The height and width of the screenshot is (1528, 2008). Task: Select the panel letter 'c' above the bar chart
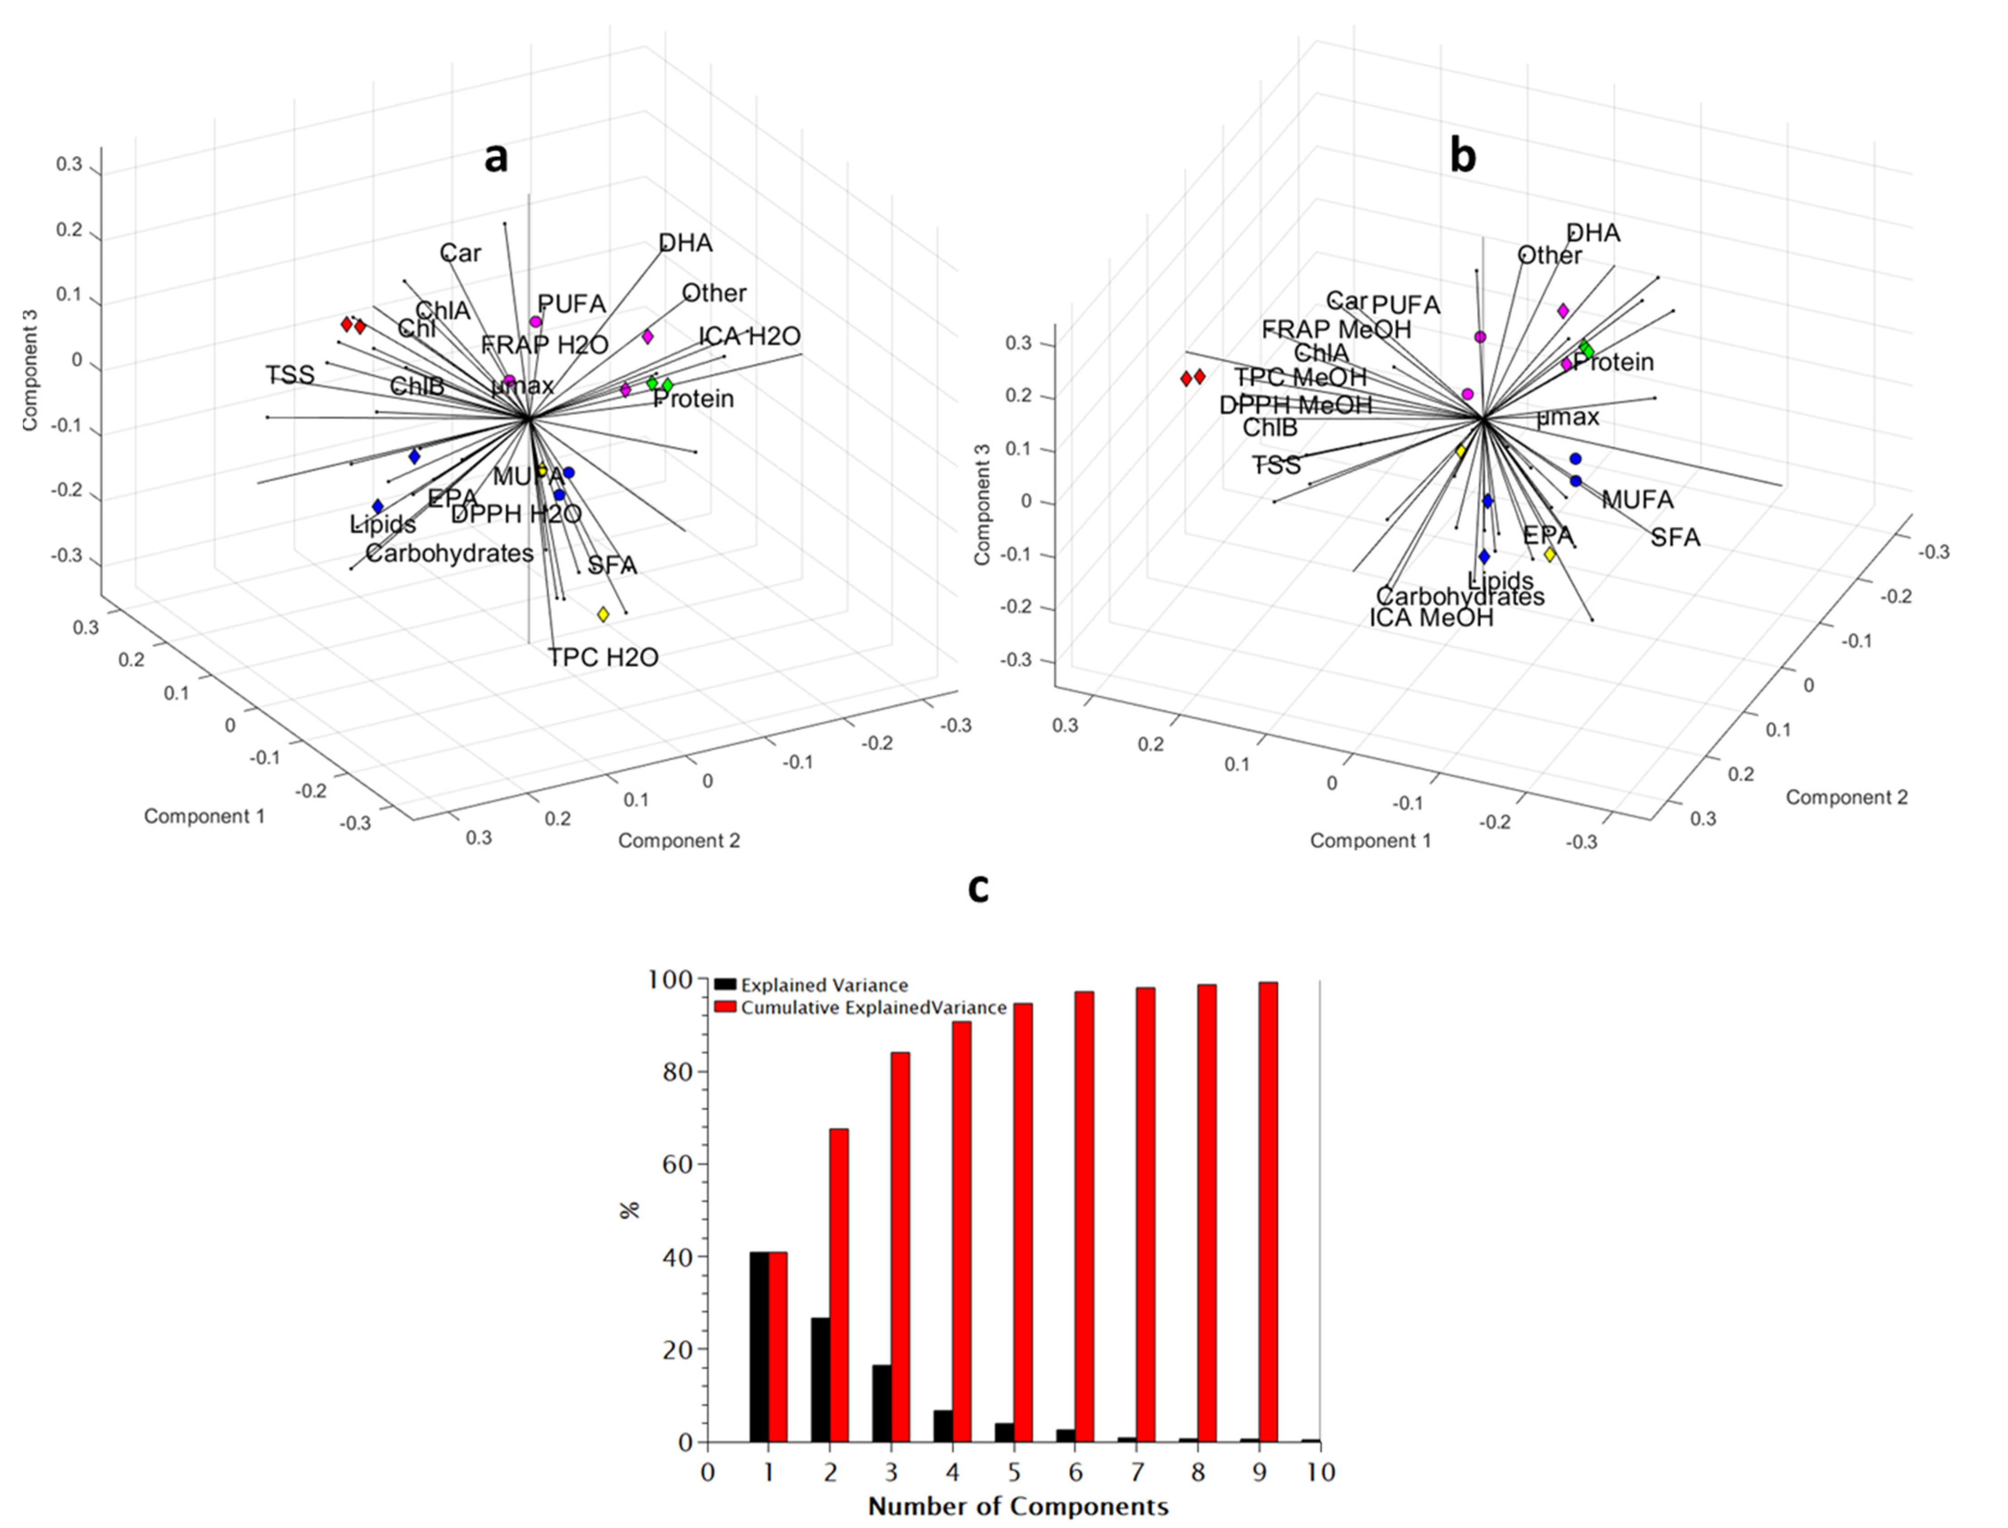(978, 889)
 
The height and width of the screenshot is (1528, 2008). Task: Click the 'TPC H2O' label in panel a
(603, 657)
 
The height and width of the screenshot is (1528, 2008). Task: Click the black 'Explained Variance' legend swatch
(725, 984)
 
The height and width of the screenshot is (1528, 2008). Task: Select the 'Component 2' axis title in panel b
(1846, 798)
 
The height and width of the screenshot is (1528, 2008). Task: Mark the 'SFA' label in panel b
(1675, 538)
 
